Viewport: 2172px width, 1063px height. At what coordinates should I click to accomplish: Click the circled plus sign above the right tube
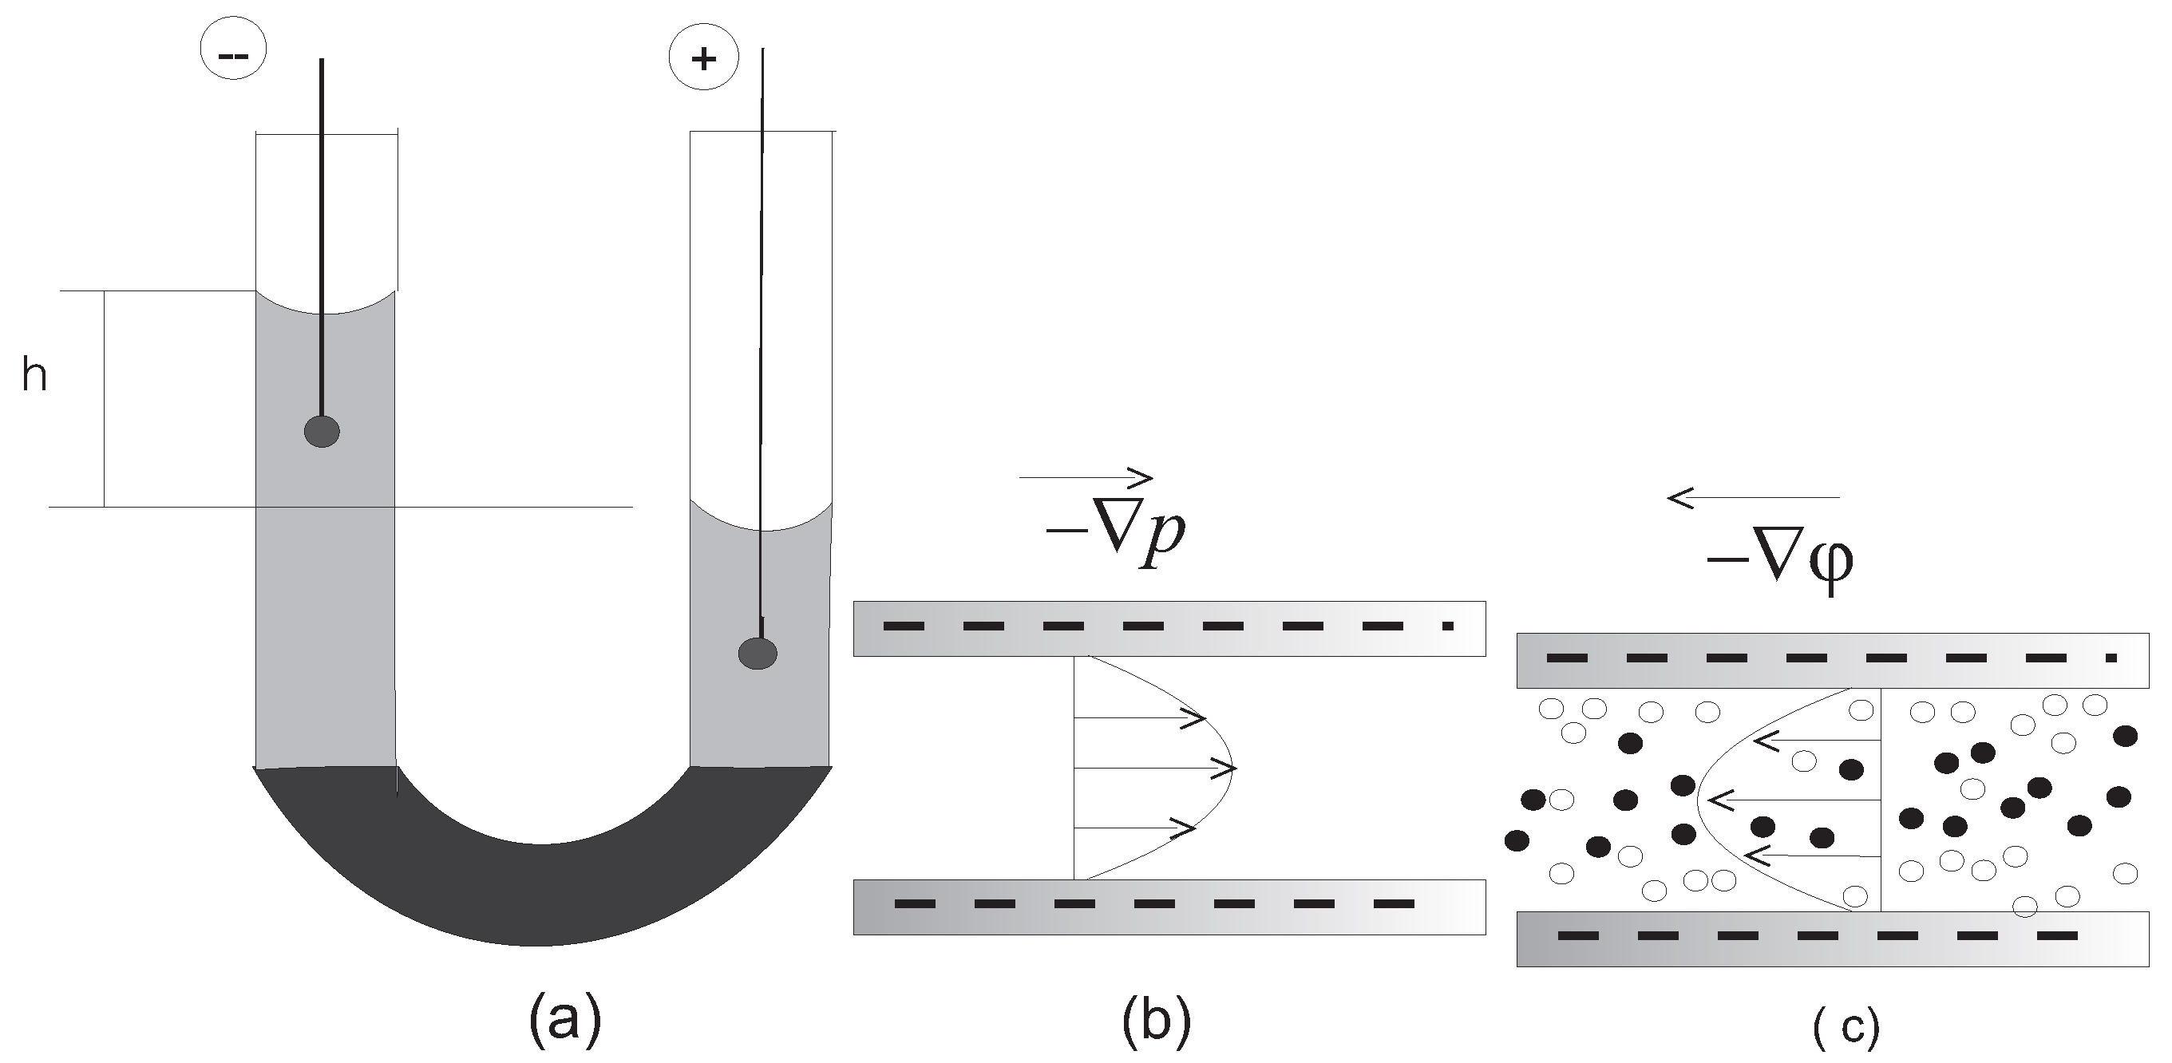[703, 58]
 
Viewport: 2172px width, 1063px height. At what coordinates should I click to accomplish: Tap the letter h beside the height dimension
[34, 375]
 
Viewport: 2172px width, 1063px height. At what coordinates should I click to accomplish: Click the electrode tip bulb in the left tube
[322, 432]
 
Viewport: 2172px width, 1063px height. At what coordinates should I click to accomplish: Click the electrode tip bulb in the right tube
[758, 654]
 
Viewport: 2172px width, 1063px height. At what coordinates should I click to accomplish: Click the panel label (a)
[565, 1019]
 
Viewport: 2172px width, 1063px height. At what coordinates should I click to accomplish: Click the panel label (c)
[1846, 1026]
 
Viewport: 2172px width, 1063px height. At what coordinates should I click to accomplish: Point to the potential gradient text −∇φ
[1779, 560]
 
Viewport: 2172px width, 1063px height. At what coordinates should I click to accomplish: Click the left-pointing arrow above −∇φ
[1754, 498]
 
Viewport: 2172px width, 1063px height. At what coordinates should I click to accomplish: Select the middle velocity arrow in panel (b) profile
[1155, 769]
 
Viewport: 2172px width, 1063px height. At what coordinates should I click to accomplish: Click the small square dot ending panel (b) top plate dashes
[1448, 626]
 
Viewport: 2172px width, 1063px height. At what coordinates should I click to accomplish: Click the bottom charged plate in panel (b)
[1169, 907]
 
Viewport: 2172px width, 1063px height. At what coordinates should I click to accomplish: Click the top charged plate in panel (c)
[1832, 660]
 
